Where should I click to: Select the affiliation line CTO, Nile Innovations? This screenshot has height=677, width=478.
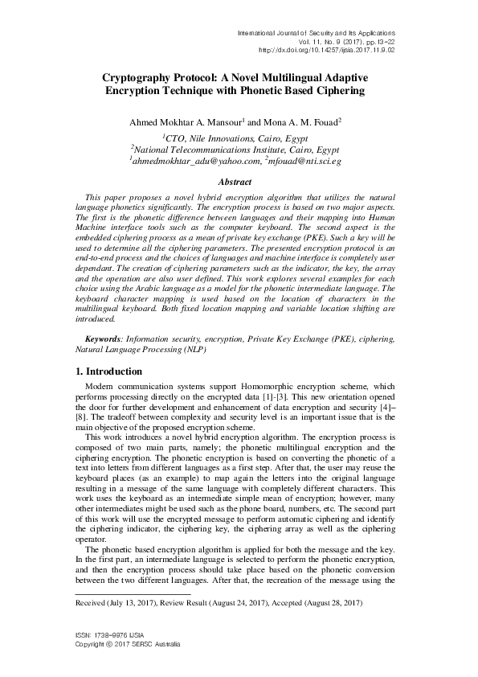pyautogui.click(x=234, y=138)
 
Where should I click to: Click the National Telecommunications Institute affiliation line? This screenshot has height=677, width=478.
pyautogui.click(x=235, y=150)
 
